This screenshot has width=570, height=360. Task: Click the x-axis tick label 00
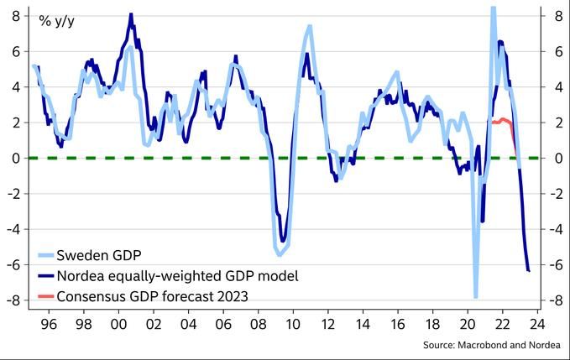pos(118,323)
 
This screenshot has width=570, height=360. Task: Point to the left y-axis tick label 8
pos(16,15)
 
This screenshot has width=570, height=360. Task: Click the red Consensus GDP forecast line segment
pos(501,121)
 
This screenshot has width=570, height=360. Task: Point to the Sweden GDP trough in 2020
pos(475,296)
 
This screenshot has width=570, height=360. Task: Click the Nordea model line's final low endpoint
pos(529,270)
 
